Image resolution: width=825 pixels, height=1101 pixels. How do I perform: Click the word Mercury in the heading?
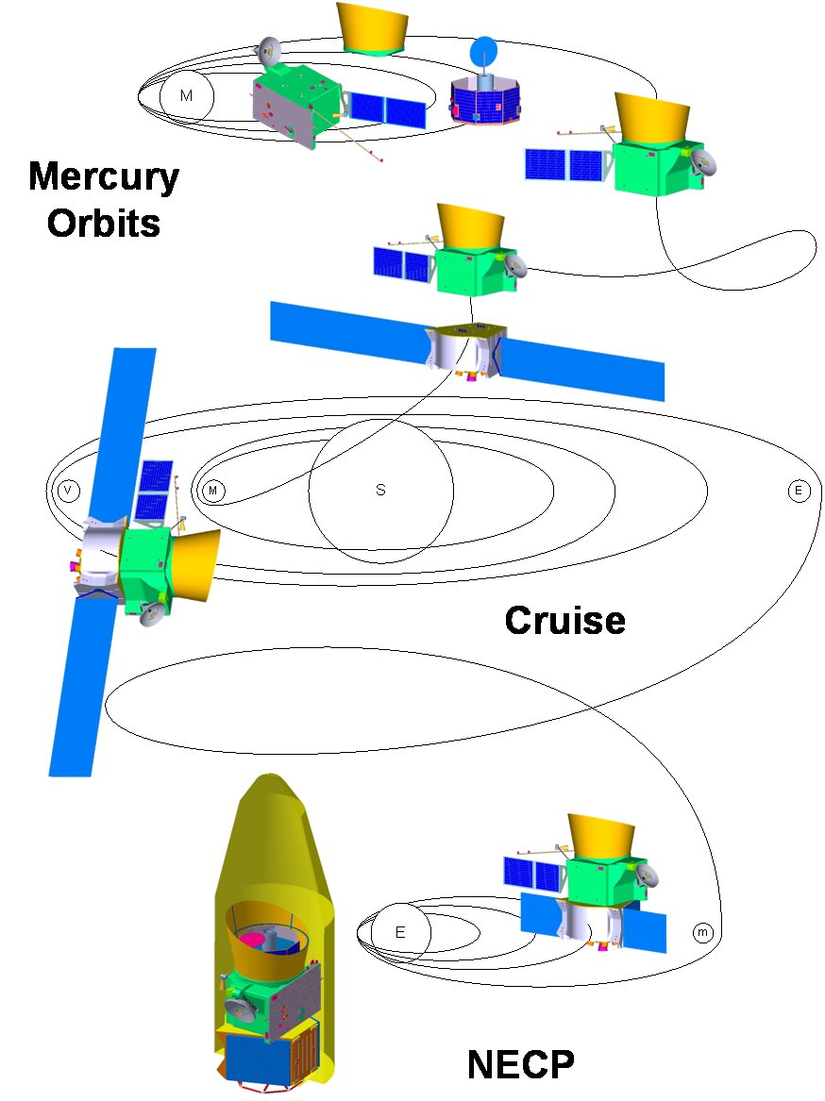[x=104, y=176]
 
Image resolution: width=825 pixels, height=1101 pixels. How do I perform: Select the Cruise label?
[x=564, y=620]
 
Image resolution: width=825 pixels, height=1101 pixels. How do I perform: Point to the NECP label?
[x=520, y=1065]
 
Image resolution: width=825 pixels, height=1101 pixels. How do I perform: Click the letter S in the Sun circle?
[x=380, y=491]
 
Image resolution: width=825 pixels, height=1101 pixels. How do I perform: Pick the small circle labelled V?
[x=67, y=491]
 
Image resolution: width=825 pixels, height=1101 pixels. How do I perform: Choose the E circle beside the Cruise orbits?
[x=799, y=491]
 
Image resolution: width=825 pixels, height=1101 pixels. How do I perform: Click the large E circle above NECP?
[x=399, y=932]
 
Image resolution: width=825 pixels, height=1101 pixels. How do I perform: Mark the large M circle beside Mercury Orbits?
[x=186, y=96]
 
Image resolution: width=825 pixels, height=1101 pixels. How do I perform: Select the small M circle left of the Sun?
[x=213, y=491]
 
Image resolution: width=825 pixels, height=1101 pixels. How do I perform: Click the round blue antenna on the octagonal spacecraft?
[x=483, y=49]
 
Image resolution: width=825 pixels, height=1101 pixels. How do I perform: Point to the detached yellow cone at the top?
[x=374, y=25]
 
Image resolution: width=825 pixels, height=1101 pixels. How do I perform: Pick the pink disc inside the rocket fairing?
[x=252, y=940]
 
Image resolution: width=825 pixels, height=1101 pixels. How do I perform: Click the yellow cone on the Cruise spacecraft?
[x=196, y=562]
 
